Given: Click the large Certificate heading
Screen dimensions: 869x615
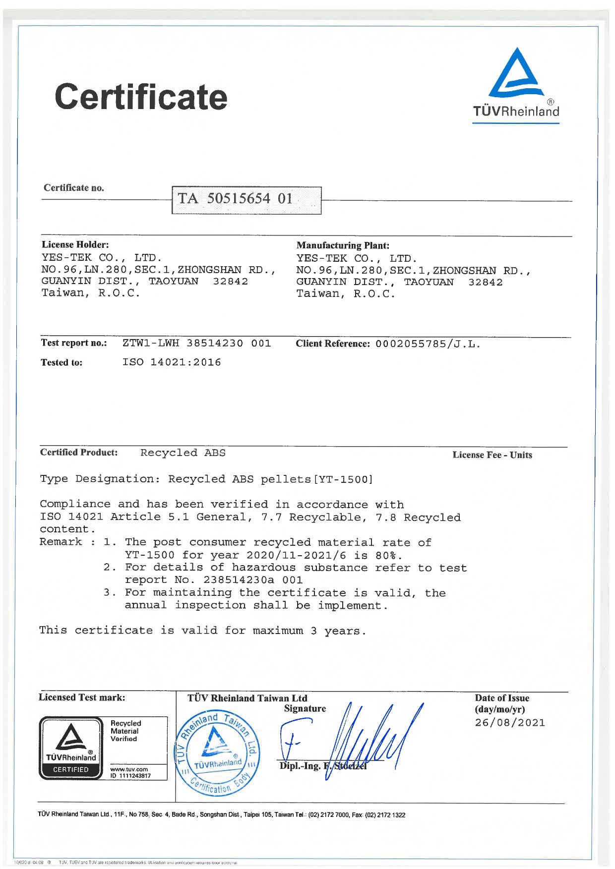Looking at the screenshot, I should pyautogui.click(x=141, y=97).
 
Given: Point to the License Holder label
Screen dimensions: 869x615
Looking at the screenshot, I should pyautogui.click(x=75, y=244).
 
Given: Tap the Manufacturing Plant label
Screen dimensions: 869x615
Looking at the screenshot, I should pyautogui.click(x=343, y=245).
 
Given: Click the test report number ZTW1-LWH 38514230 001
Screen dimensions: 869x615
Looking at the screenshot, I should pyautogui.click(x=197, y=343).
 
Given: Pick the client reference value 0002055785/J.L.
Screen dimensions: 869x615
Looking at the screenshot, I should pyautogui.click(x=428, y=344).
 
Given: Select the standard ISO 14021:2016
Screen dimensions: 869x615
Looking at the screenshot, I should pyautogui.click(x=172, y=362).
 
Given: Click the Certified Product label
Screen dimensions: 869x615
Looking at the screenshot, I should pyautogui.click(x=79, y=452).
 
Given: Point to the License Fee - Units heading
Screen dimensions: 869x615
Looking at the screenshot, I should pyautogui.click(x=492, y=455).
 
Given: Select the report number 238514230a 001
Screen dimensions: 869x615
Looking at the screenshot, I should pyautogui.click(x=253, y=580).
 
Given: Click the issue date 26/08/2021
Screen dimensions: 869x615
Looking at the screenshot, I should pyautogui.click(x=510, y=723).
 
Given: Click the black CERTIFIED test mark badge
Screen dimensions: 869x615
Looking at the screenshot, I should pyautogui.click(x=70, y=748).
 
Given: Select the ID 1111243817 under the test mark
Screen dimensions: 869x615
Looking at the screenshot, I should pyautogui.click(x=130, y=776).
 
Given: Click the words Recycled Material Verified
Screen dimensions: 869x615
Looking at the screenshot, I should pyautogui.click(x=125, y=731).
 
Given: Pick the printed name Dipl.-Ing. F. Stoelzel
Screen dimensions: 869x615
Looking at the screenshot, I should pyautogui.click(x=323, y=766).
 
